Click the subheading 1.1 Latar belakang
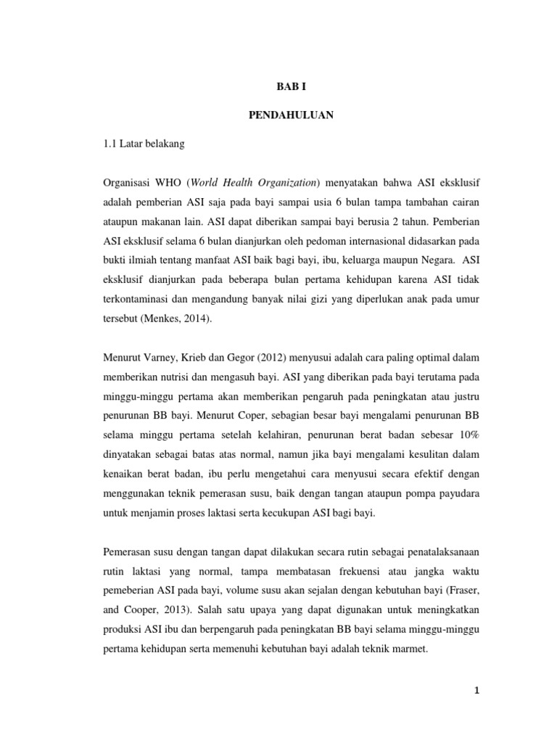(x=144, y=144)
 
